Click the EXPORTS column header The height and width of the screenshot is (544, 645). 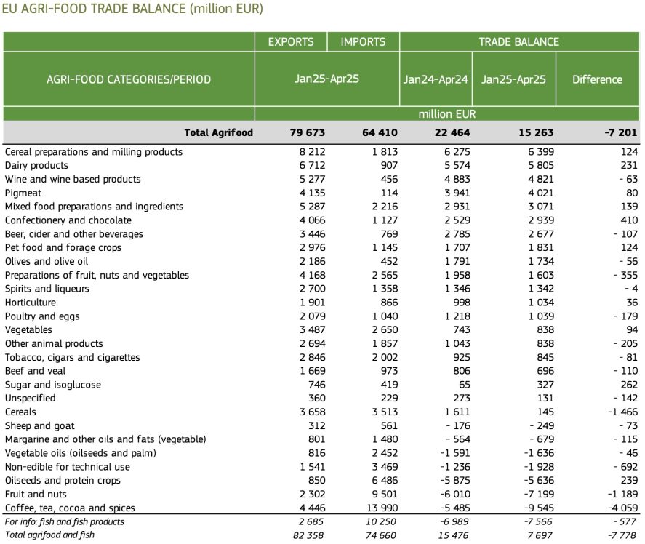coord(291,42)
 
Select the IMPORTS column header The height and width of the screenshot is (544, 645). coord(363,42)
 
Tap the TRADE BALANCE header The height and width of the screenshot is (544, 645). coord(518,42)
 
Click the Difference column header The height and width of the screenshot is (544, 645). coord(597,79)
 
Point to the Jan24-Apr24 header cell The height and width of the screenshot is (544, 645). coord(436,79)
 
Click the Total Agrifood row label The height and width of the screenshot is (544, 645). coord(218,132)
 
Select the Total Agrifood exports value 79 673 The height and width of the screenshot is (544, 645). coord(308,132)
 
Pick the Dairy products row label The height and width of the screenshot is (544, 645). coord(36,165)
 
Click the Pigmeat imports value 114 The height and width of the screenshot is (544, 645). coord(389,193)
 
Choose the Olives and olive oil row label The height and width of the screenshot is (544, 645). coord(47,261)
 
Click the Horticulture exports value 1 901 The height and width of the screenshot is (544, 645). coord(312,303)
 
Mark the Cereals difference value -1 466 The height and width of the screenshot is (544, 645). coord(622,412)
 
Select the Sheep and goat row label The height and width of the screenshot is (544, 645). coord(40,425)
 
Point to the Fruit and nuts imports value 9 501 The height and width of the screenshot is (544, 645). coord(385,495)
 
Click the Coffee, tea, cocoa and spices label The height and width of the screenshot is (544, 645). coord(70,508)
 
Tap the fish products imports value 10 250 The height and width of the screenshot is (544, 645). coord(381,521)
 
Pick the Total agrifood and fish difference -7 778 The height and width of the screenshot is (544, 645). coord(622,535)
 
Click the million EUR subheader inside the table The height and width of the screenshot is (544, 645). coord(447,114)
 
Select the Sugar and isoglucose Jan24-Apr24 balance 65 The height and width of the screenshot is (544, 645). coord(465,385)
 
